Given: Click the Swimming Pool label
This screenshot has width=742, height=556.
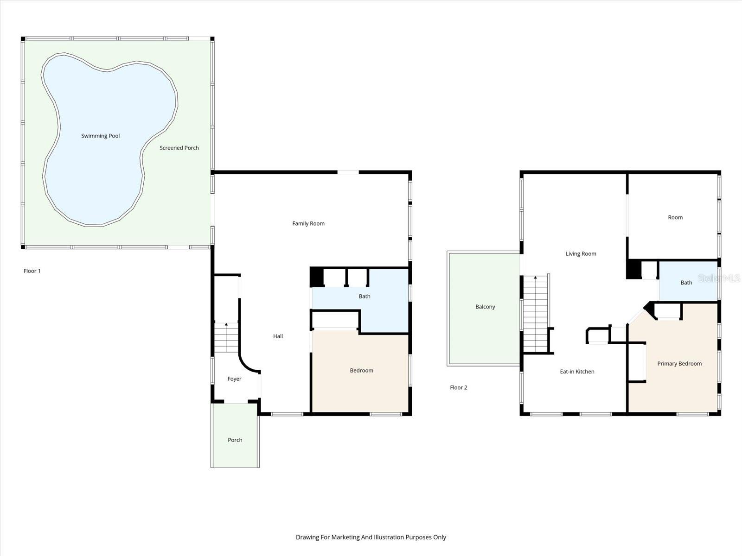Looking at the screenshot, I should click(x=100, y=136).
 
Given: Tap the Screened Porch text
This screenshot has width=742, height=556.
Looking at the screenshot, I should click(x=179, y=148).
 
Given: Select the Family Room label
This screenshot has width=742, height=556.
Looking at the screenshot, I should click(x=308, y=223).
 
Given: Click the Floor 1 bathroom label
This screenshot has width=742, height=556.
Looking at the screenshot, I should click(x=365, y=296).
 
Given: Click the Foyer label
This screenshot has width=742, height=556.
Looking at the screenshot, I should click(x=234, y=379).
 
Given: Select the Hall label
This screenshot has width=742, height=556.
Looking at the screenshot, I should click(x=278, y=336).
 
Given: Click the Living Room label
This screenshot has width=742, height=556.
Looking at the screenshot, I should click(x=581, y=253).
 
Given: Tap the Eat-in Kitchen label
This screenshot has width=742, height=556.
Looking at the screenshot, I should click(x=577, y=371).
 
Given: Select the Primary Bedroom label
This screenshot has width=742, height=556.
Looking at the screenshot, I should click(x=679, y=363).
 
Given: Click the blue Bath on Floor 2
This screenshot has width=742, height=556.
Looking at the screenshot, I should click(x=686, y=282).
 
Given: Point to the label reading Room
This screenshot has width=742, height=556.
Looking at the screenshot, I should click(x=675, y=217).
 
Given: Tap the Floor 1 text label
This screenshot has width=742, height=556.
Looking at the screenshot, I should click(x=32, y=271).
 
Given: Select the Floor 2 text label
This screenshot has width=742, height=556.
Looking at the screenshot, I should click(x=458, y=387).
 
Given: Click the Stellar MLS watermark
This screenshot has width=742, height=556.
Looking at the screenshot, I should click(x=719, y=278).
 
